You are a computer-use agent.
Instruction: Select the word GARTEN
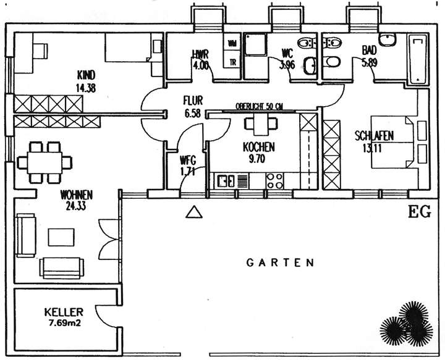pos(281,262)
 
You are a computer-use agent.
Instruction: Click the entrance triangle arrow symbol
pos(195,212)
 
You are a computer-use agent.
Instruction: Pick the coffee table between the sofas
pos(60,237)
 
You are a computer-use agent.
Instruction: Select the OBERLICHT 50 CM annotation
pos(259,106)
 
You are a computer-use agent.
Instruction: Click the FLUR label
pos(193,100)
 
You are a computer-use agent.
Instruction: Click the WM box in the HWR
pos(232,43)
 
